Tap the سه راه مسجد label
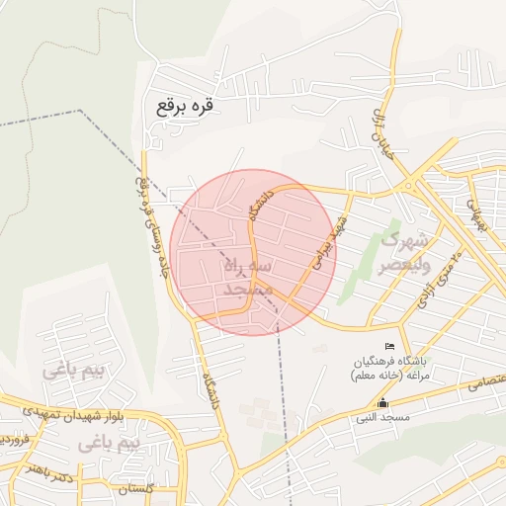pos(241,279)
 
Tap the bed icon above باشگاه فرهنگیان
pos(388,345)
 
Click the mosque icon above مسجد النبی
pos(383,402)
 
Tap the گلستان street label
pos(137,488)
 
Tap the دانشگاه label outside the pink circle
pos(210,390)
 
